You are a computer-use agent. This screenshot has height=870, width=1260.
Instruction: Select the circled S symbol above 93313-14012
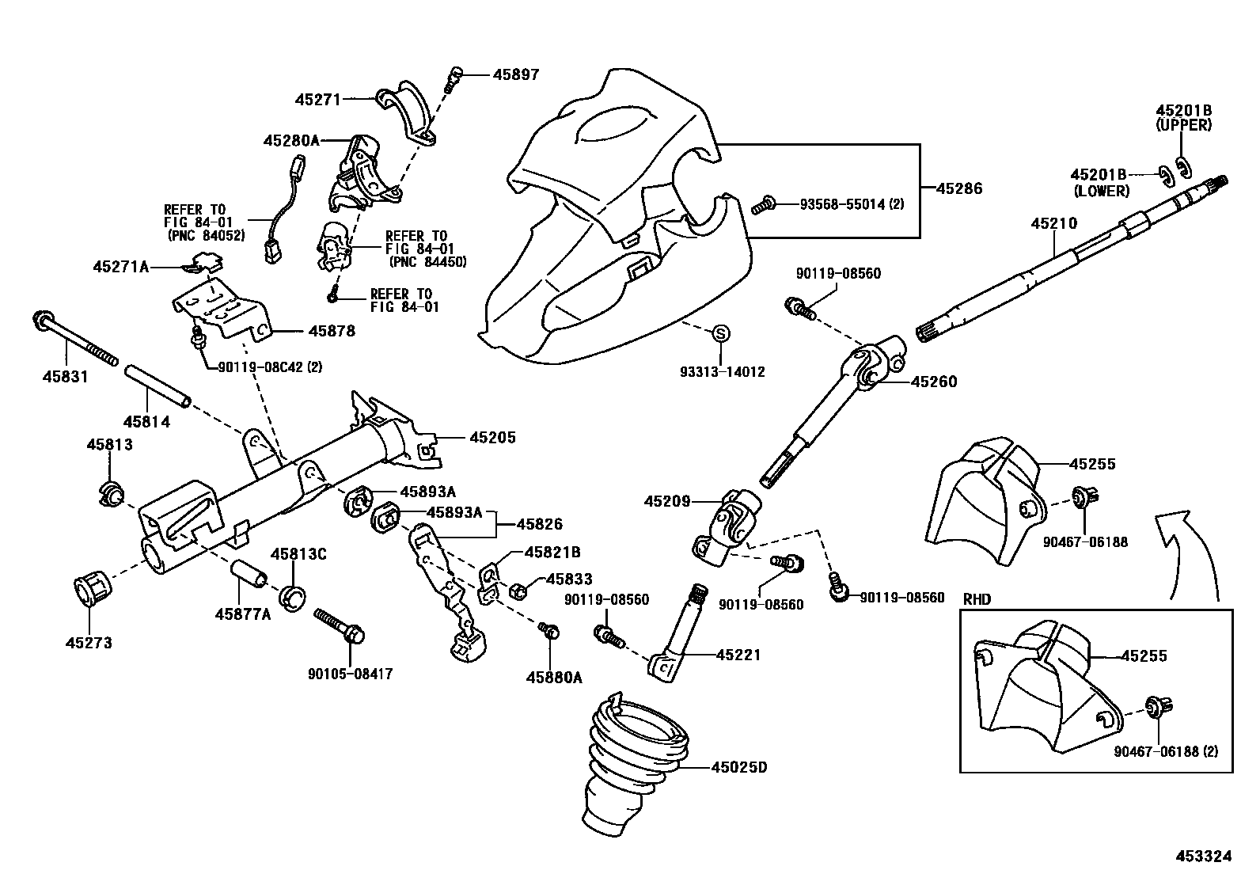(x=720, y=334)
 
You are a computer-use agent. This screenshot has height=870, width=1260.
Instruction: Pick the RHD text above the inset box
(x=977, y=599)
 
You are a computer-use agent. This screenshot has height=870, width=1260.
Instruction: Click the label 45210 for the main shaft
(x=1053, y=224)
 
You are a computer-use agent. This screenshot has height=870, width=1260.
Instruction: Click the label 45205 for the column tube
(x=492, y=437)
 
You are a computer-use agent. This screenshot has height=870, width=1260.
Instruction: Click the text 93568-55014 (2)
(x=852, y=203)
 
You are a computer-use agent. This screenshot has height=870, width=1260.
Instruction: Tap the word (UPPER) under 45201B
(x=1183, y=125)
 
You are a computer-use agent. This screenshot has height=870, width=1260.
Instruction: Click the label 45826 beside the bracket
(x=540, y=523)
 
